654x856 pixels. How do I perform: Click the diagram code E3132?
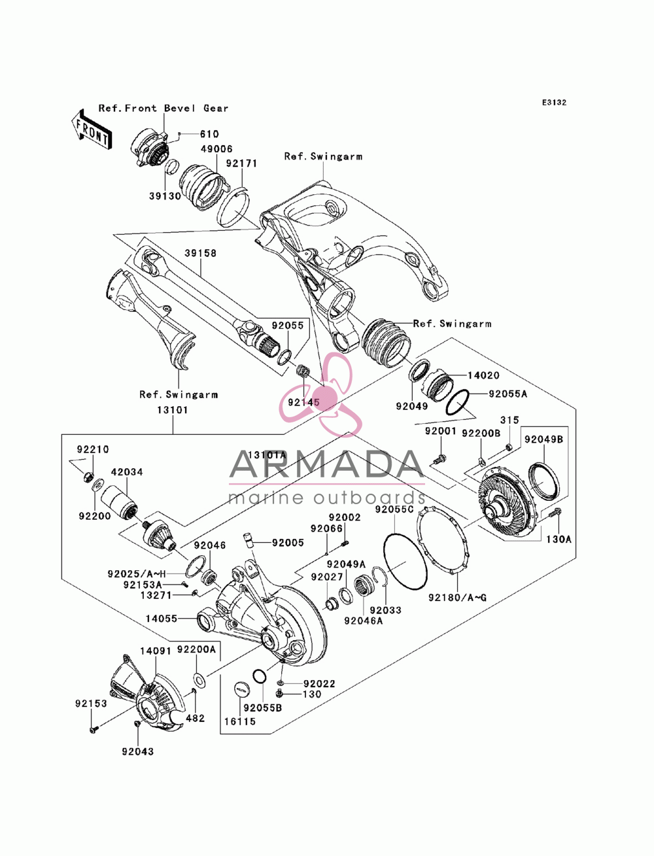click(554, 103)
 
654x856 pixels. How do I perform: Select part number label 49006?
click(216, 149)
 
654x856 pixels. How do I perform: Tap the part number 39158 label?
click(200, 253)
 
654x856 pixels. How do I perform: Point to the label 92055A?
click(508, 394)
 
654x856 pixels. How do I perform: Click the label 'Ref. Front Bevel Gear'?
click(163, 109)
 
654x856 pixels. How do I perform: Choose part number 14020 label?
click(483, 375)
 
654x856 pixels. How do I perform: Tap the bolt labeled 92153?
click(94, 728)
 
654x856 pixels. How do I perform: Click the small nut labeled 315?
click(508, 447)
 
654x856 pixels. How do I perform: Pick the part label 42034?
click(127, 472)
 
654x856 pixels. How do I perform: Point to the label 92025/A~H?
click(137, 574)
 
